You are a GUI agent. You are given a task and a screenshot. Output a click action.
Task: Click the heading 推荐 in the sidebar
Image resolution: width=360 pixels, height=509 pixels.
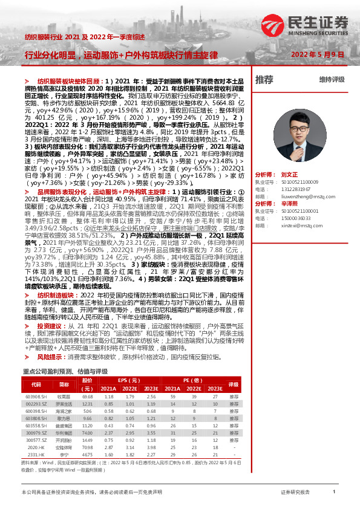coord(264,79)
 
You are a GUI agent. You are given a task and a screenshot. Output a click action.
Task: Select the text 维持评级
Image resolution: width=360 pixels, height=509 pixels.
coord(332,79)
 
